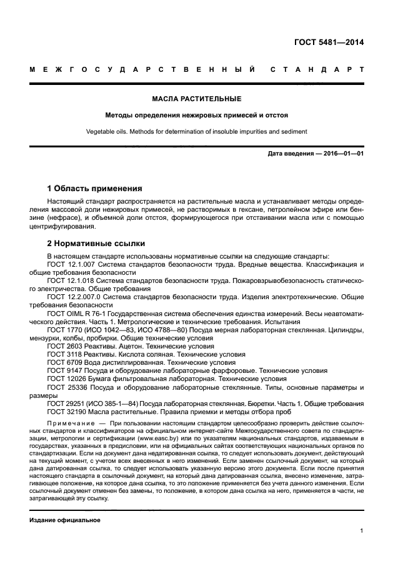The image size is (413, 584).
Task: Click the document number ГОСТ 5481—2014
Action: click(329, 43)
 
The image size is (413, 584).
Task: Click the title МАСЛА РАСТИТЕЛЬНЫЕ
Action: click(197, 99)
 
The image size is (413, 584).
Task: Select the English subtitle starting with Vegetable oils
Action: click(197, 131)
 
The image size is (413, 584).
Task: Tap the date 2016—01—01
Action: click(345, 154)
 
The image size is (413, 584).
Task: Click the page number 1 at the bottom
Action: click(362, 531)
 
